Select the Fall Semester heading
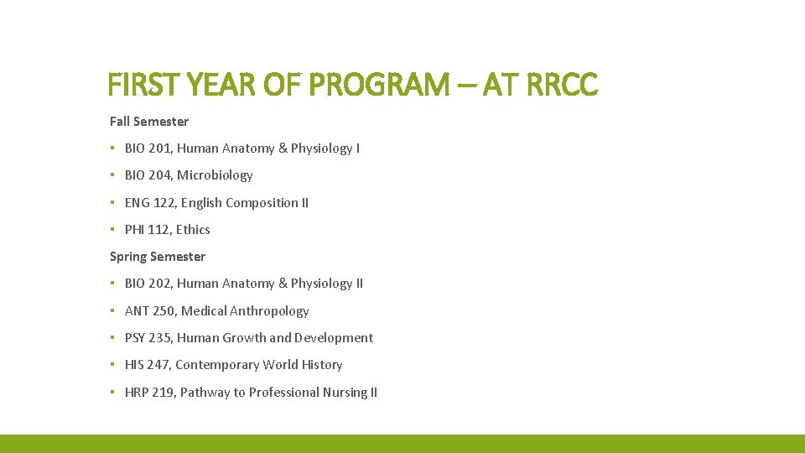(x=149, y=122)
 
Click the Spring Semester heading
(x=158, y=257)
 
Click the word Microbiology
(x=215, y=175)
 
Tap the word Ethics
(x=193, y=230)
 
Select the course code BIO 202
(x=148, y=284)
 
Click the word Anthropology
(x=270, y=311)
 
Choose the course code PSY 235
(x=148, y=338)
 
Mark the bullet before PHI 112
(x=112, y=230)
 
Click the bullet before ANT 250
(x=112, y=311)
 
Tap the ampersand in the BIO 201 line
(x=283, y=148)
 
